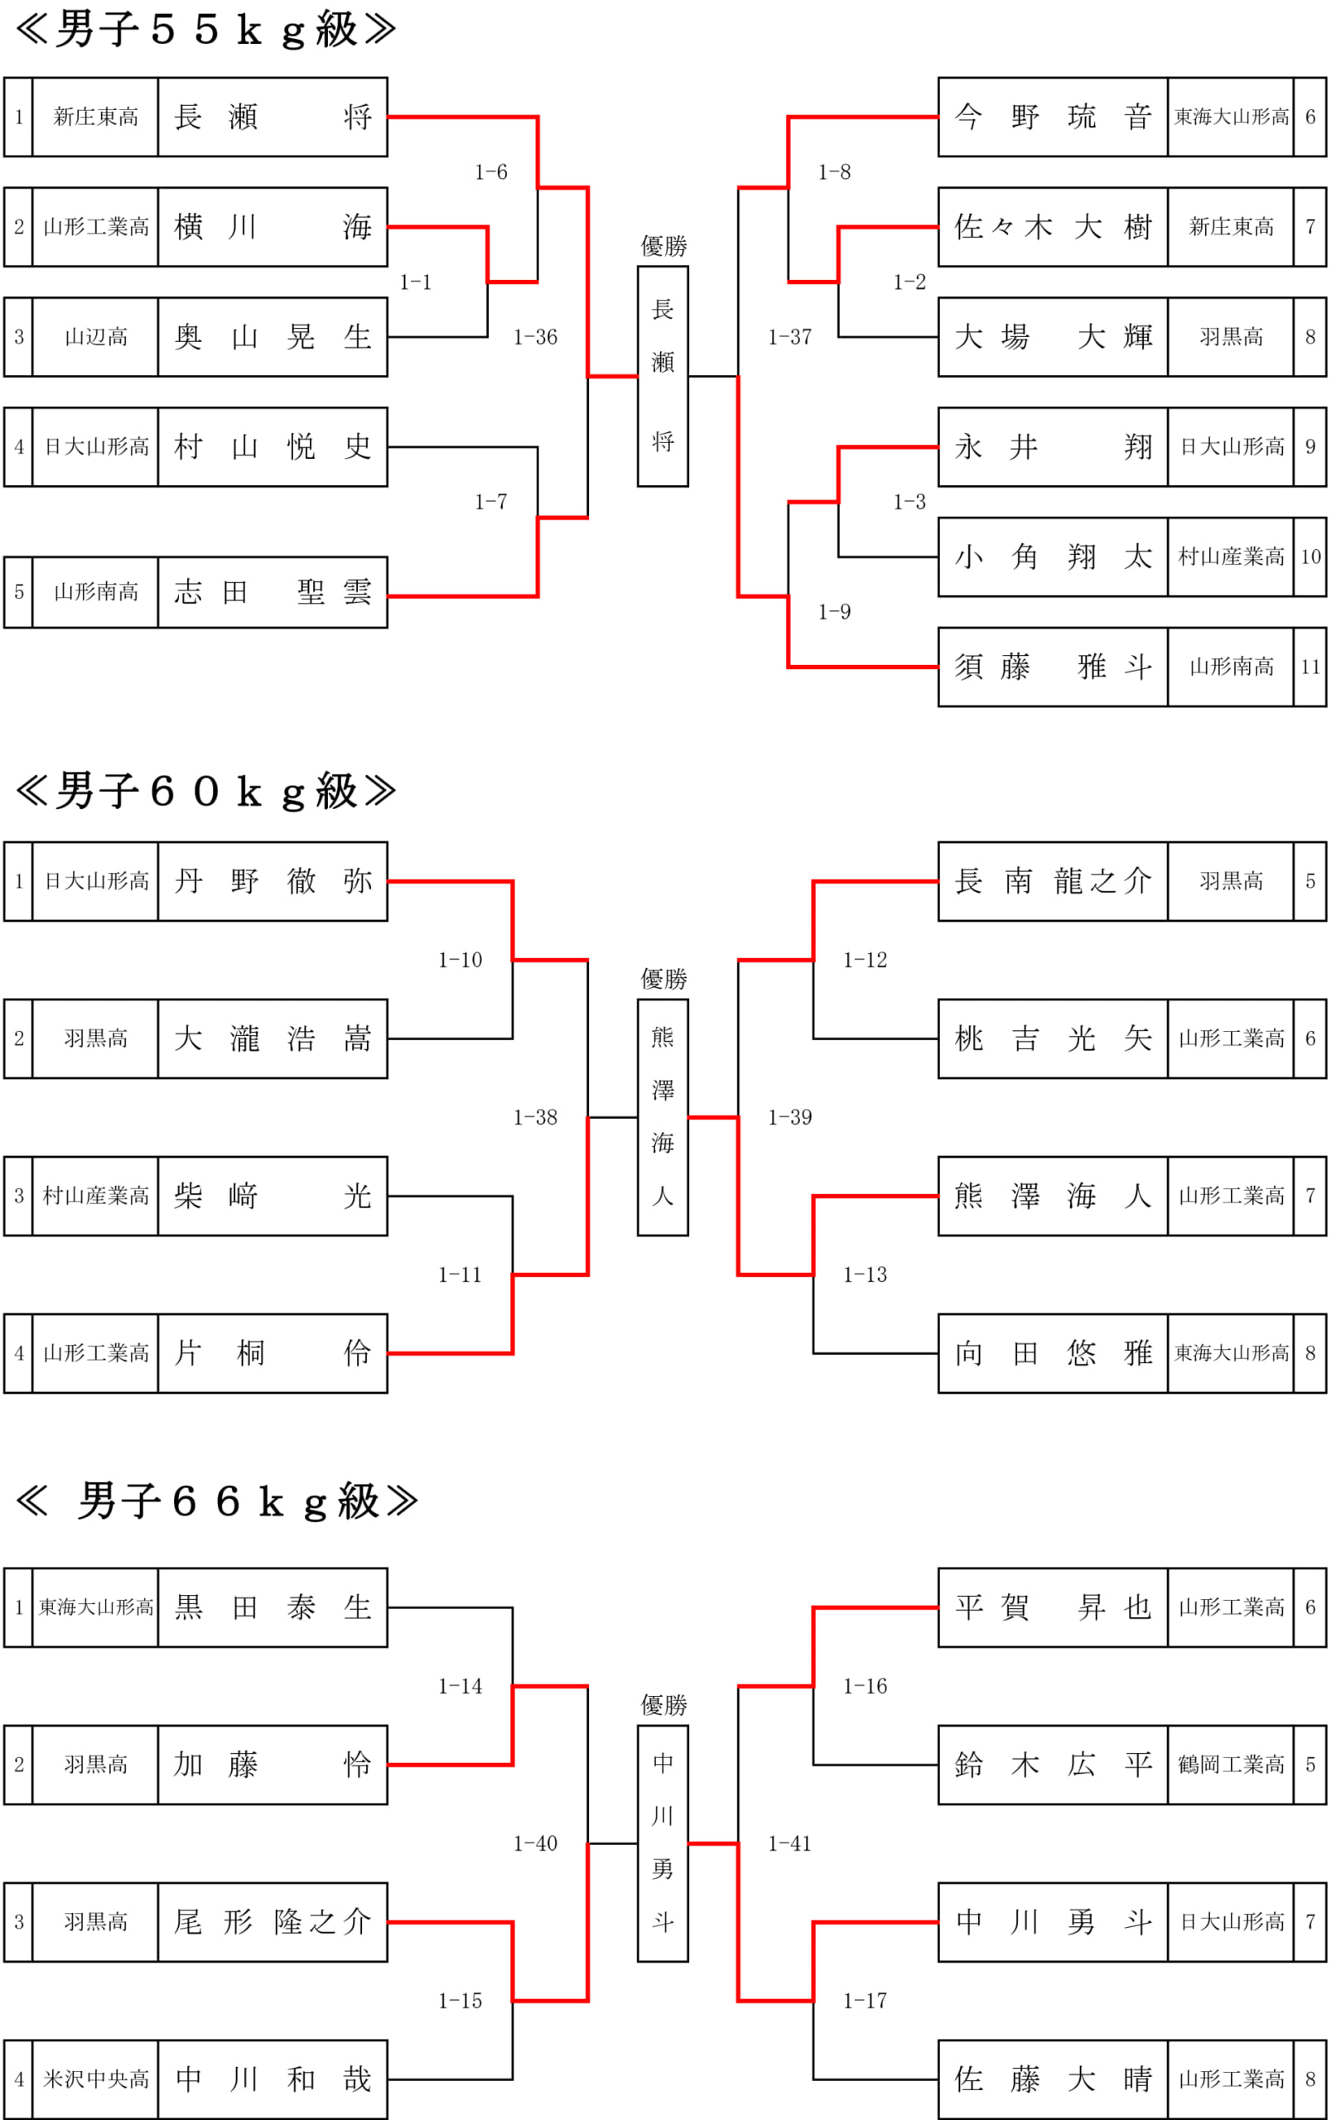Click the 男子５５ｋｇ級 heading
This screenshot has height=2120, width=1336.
205,29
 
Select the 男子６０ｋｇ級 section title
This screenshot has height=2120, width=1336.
205,792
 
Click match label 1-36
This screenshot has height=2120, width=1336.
535,337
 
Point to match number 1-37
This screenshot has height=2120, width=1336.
790,337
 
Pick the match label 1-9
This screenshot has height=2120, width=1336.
834,612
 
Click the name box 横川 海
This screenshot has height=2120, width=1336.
273,227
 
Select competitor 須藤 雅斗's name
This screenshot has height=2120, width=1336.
1054,667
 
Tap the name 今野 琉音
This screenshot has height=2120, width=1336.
1054,117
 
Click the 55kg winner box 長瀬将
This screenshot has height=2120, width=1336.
663,376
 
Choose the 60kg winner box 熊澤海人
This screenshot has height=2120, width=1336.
663,1117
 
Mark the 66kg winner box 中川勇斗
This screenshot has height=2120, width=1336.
663,1843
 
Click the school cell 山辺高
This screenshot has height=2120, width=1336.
96,337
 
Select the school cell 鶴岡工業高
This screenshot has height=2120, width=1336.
1231,1764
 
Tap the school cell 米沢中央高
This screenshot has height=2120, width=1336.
96,2079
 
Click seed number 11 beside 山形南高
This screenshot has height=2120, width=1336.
1310,667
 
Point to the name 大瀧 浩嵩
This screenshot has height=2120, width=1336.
273,1038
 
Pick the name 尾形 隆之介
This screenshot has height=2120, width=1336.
273,1922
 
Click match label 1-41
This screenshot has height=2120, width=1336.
790,1843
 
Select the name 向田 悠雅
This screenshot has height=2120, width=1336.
1054,1353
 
